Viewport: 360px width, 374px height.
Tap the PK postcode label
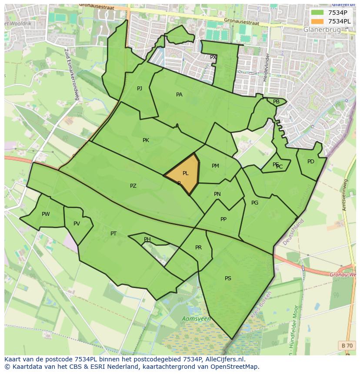pos(146,140)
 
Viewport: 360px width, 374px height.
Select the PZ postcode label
pos(133,186)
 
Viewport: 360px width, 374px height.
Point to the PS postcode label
pos(228,278)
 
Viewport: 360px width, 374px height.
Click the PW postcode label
pos(46,214)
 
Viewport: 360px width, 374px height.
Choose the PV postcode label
pos(77,224)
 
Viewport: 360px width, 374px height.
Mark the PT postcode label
pos(113,234)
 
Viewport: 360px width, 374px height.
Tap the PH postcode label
pos(147,239)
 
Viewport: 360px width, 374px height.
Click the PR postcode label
pos(198,248)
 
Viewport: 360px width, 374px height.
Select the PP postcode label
pos(223,219)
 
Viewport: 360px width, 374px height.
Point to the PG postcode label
pos(255,203)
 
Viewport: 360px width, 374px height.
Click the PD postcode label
pos(310,162)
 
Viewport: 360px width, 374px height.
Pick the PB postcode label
pos(276,102)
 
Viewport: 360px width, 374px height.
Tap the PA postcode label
pos(179,95)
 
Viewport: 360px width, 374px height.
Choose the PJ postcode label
pos(140,89)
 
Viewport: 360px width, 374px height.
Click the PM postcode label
pos(215,166)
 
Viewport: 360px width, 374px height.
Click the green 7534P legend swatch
pos(317,12)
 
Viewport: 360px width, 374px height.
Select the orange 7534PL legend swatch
pos(317,21)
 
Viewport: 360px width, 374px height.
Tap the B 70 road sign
pos(347,345)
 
